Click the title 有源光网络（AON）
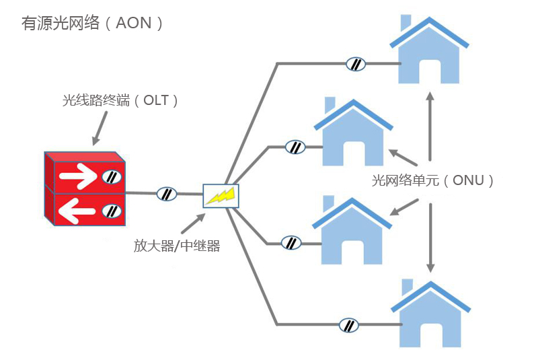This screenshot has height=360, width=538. [x=93, y=23]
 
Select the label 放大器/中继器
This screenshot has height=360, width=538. [x=177, y=246]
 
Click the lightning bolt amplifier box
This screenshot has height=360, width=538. [x=221, y=195]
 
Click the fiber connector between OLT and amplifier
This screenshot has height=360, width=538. [x=165, y=194]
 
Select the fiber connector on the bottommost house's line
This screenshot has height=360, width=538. [x=348, y=325]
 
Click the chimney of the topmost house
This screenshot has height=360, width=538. [x=406, y=22]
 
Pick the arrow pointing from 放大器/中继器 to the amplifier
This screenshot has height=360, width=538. [x=194, y=222]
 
